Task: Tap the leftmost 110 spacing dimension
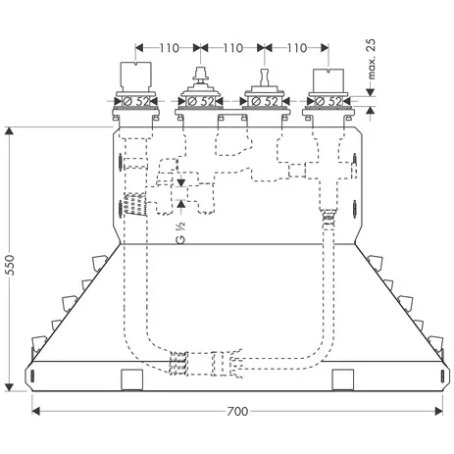168,46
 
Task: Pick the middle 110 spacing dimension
231,46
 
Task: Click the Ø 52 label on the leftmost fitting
136,100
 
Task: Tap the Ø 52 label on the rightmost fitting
328,100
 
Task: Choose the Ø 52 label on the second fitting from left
200,100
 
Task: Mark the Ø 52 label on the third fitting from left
264,100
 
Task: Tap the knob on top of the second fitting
200,76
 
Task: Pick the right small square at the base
343,378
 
